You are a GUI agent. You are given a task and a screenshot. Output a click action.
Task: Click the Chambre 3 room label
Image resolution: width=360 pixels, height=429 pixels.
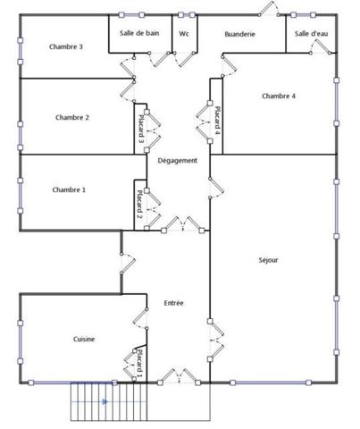pos(67,46)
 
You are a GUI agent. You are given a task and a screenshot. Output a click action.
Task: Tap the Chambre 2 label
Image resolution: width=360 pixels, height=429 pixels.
pos(71,117)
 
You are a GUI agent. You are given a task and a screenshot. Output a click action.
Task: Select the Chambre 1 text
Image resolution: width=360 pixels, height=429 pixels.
pos(69,189)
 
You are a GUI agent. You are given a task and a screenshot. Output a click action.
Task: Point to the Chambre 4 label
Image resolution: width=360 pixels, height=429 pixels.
pos(279,96)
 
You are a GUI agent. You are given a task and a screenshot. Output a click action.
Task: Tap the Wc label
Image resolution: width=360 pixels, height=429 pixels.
pos(184,33)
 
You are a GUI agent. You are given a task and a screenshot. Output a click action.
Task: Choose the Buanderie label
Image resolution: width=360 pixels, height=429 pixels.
pos(239,33)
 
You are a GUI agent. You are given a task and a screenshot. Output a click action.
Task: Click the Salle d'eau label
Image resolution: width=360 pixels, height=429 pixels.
pos(310,33)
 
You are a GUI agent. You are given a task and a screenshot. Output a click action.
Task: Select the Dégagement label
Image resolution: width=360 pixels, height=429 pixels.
pos(177,161)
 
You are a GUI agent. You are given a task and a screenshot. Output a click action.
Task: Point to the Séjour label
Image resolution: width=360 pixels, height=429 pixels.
pos(268,260)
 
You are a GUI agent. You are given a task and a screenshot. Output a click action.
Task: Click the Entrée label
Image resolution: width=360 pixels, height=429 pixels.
pos(174,303)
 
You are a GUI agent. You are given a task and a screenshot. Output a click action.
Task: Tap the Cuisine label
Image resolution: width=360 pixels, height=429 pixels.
pos(84,339)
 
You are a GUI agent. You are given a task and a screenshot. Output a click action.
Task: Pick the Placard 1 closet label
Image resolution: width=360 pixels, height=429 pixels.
pos(139,366)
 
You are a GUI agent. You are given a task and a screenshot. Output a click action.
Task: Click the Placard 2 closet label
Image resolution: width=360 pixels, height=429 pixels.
pos(140,205)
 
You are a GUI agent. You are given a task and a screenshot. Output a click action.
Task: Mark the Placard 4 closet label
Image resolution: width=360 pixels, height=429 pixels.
pos(217,120)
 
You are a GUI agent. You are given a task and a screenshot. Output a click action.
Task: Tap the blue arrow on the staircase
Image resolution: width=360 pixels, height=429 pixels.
pos(105,401)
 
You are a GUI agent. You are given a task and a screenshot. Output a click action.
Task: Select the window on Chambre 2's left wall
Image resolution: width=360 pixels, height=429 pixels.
pos(20,116)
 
